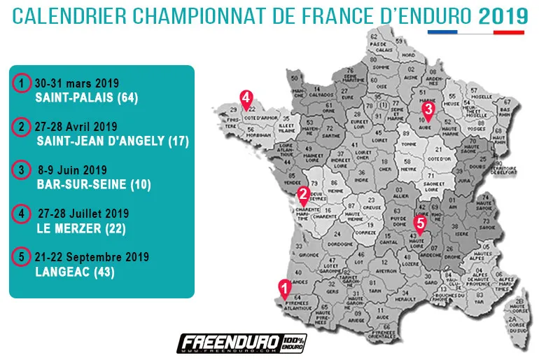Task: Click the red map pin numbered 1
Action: coord(285,288)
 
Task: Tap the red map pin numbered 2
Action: coord(304,195)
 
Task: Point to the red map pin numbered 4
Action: coord(246,99)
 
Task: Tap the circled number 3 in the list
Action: coord(22,170)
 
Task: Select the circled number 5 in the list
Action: coord(22,256)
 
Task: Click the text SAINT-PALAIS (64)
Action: coord(86,99)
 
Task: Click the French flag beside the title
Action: coord(476,32)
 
